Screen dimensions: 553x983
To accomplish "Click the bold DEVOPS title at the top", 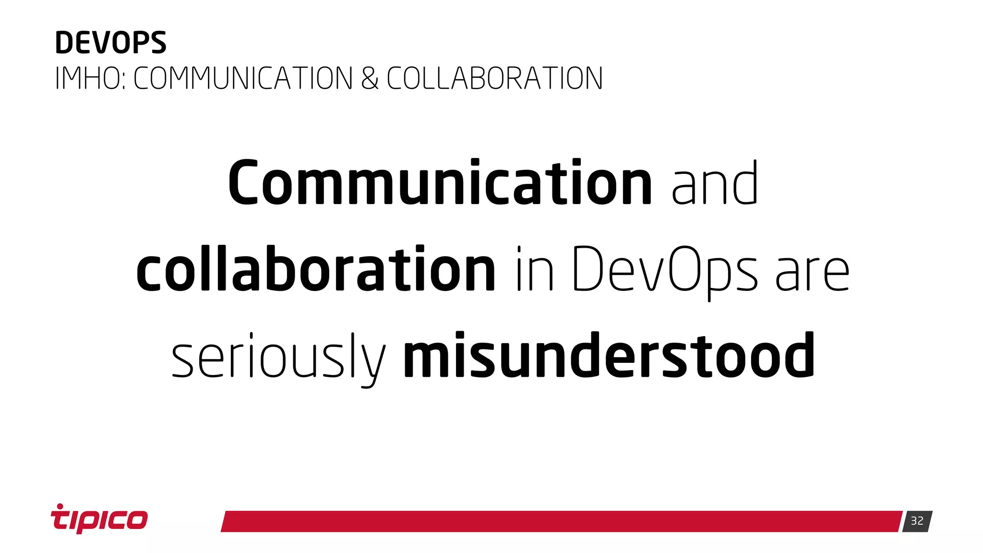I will tap(110, 43).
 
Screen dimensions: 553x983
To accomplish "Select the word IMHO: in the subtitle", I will tap(90, 79).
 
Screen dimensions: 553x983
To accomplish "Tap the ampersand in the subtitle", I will tap(370, 79).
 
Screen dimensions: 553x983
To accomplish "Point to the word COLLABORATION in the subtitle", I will tap(494, 79).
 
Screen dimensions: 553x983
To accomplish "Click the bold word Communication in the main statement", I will tap(440, 183).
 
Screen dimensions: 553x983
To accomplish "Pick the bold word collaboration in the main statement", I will tap(315, 268).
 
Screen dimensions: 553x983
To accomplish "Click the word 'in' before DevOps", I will tap(535, 269).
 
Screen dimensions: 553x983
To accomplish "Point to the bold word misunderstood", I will tap(609, 356).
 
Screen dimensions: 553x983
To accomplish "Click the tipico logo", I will tap(99, 519).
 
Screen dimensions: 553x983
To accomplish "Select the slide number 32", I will tap(917, 521).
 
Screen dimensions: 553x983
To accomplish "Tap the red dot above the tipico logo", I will tap(60, 506).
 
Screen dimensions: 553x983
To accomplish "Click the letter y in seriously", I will tap(373, 362).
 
